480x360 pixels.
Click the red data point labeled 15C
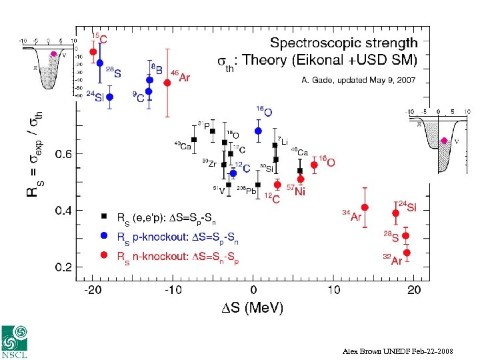[93, 52]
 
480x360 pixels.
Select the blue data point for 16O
[258, 131]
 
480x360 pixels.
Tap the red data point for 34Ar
[365, 207]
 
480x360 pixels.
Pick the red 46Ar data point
[167, 83]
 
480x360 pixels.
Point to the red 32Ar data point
[407, 253]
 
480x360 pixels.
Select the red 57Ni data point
[301, 179]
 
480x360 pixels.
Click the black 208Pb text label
[247, 191]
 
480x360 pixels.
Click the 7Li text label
[283, 141]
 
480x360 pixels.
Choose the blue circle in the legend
[103, 235]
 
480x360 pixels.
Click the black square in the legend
[103, 216]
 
